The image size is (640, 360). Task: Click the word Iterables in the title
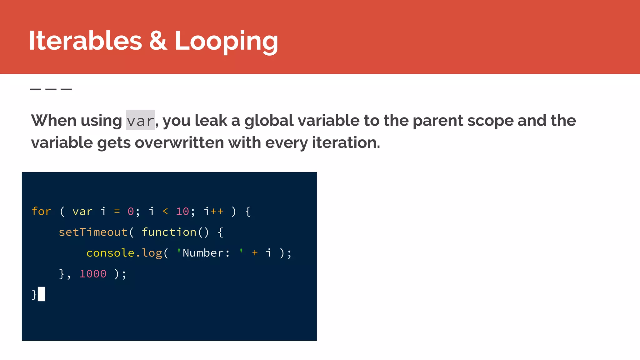pos(85,41)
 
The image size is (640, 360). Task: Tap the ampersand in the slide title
pos(158,41)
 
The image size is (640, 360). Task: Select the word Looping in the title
pos(226,41)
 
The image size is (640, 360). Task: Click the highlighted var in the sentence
pos(140,121)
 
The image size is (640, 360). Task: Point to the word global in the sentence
pos(269,121)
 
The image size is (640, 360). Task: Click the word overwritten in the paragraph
pos(179,143)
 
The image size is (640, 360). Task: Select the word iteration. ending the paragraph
pos(346,143)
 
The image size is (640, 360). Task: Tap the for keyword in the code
pos(41,212)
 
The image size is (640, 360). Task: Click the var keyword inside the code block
pos(82,212)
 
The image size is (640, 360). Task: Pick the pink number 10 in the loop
pos(182,212)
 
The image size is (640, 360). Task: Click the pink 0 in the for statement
pos(131,212)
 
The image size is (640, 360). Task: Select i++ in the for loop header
pos(214,212)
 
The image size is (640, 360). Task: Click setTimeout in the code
pos(93,232)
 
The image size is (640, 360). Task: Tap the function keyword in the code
pos(169,232)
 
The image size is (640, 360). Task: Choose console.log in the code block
pos(124,253)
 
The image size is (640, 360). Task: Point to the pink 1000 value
pos(93,274)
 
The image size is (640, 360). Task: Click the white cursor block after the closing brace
pos(41,294)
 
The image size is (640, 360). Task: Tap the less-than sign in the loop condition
pos(165,212)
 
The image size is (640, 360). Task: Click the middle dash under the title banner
pos(51,89)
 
